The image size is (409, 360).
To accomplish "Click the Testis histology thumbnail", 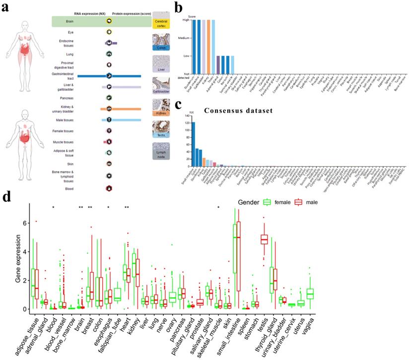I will [161, 128].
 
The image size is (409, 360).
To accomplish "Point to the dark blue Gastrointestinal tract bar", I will [109, 76].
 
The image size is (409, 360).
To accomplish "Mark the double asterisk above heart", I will [127, 207].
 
